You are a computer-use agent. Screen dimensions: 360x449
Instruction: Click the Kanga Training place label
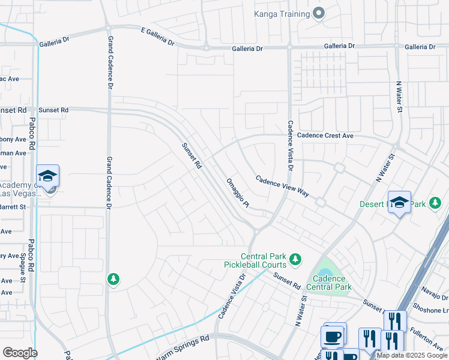click(281, 13)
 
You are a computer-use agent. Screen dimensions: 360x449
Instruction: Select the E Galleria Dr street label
click(157, 37)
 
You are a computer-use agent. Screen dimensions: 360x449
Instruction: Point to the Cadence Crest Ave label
click(325, 136)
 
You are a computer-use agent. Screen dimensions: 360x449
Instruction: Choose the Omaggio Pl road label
click(237, 193)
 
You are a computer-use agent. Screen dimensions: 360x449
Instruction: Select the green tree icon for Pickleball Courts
click(295, 259)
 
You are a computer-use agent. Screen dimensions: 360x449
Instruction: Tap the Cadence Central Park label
click(330, 283)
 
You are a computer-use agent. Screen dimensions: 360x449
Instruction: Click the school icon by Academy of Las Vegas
click(47, 176)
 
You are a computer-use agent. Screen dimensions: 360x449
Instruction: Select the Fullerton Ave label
click(427, 338)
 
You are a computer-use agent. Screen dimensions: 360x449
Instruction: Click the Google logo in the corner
click(19, 352)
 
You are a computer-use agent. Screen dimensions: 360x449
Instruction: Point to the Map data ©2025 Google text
click(412, 355)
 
